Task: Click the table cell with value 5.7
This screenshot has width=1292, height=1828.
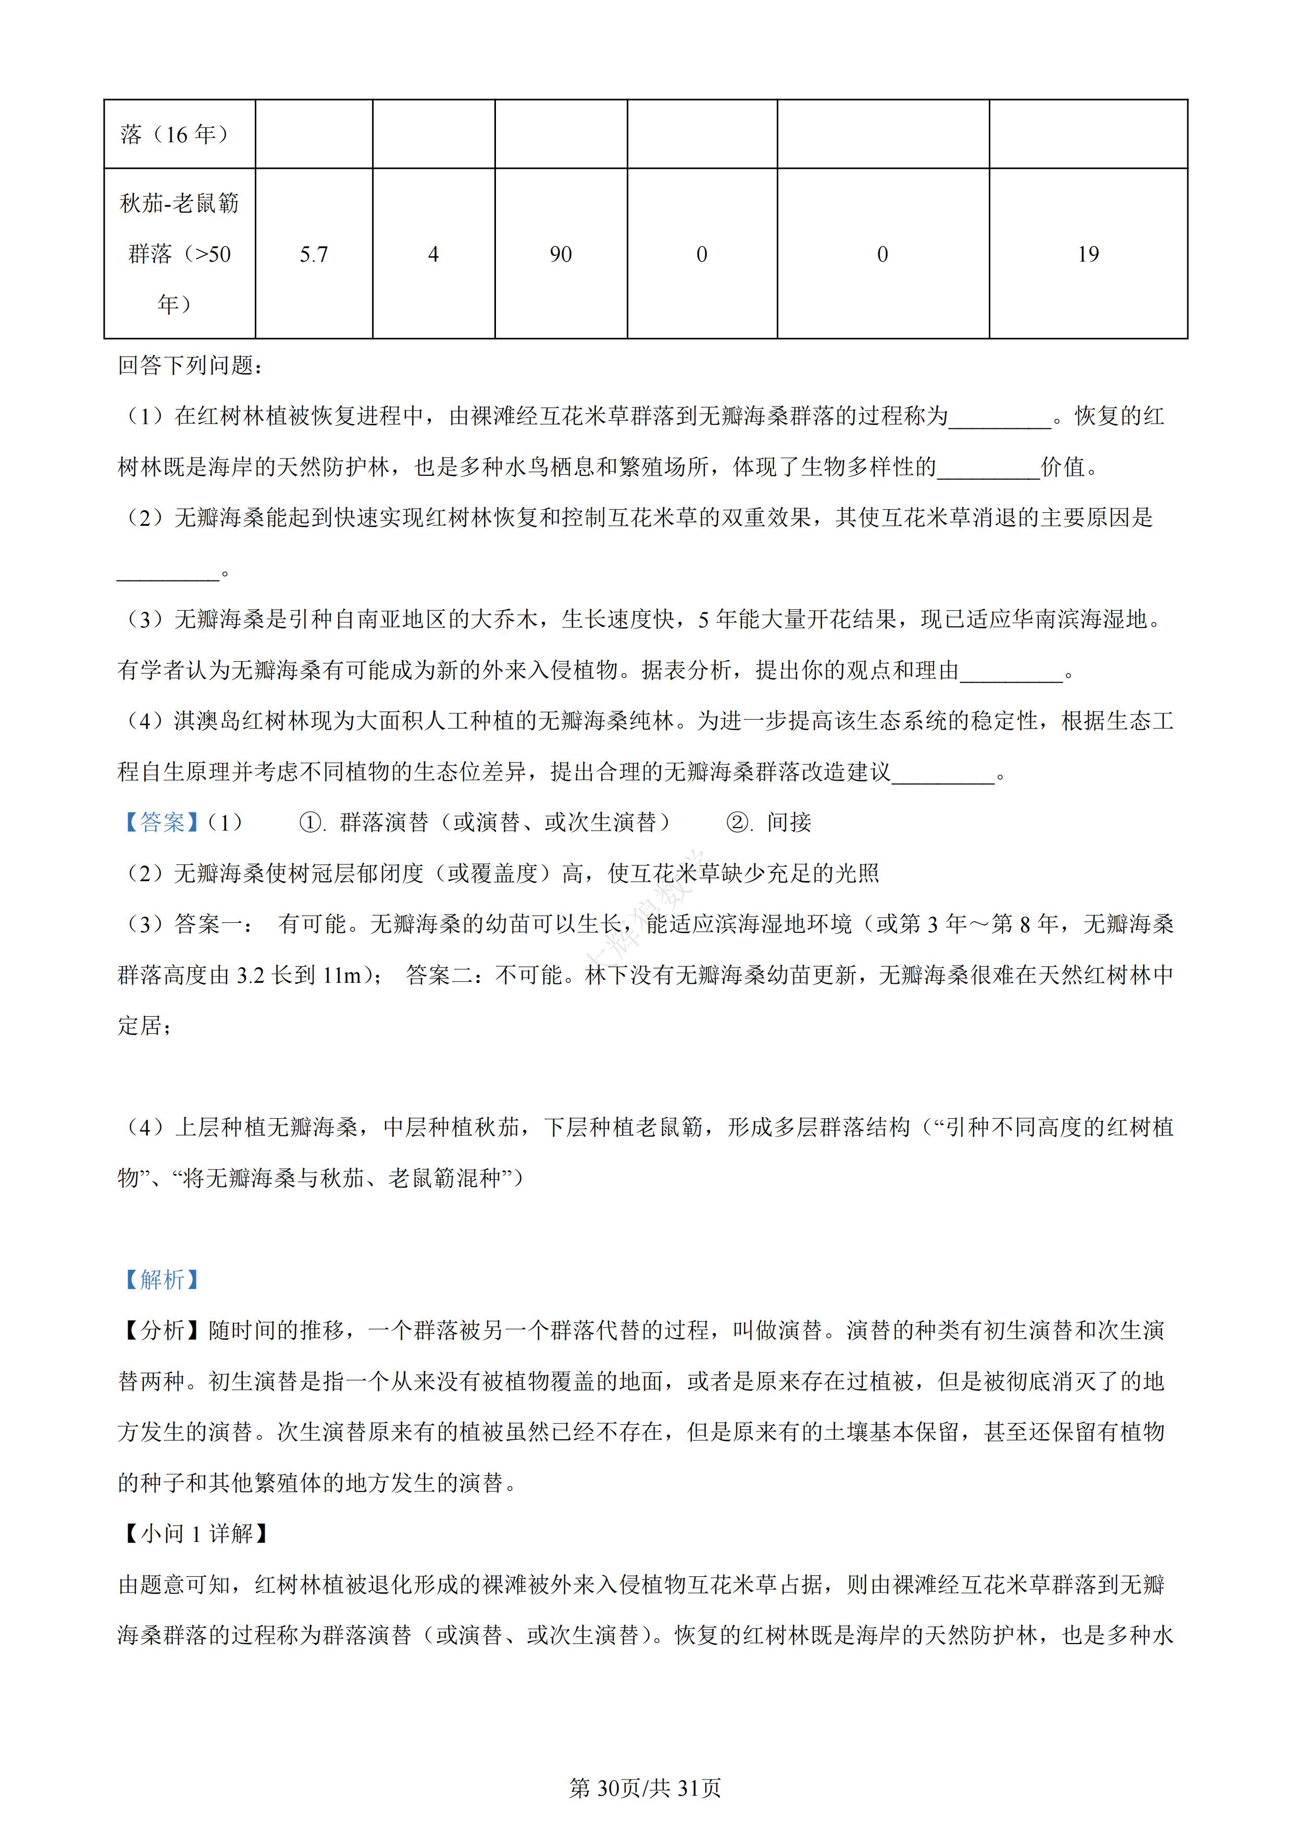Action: point(314,254)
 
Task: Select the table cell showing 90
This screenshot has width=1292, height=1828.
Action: point(561,254)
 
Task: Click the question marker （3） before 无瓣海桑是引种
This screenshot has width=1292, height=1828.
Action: point(146,620)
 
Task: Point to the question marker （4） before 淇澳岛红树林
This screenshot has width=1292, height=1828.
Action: point(146,721)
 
